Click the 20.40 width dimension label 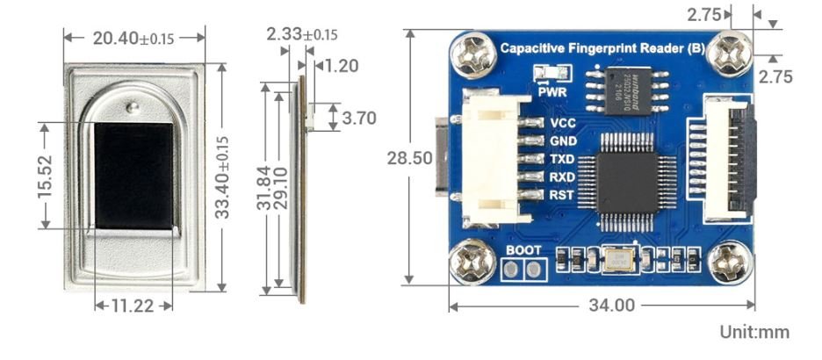(133, 38)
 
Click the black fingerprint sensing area (134, 175)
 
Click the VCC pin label (562, 123)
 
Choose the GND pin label (562, 140)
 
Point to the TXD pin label (562, 159)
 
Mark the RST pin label (562, 194)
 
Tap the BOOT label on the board (523, 250)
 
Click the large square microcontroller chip (627, 175)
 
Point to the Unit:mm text (753, 333)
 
